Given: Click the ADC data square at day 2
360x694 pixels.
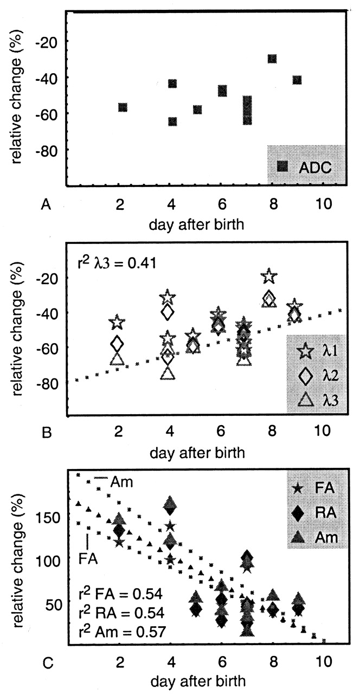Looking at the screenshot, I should [123, 107].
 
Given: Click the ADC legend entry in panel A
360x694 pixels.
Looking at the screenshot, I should [306, 167].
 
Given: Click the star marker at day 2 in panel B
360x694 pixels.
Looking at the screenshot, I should [118, 323].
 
